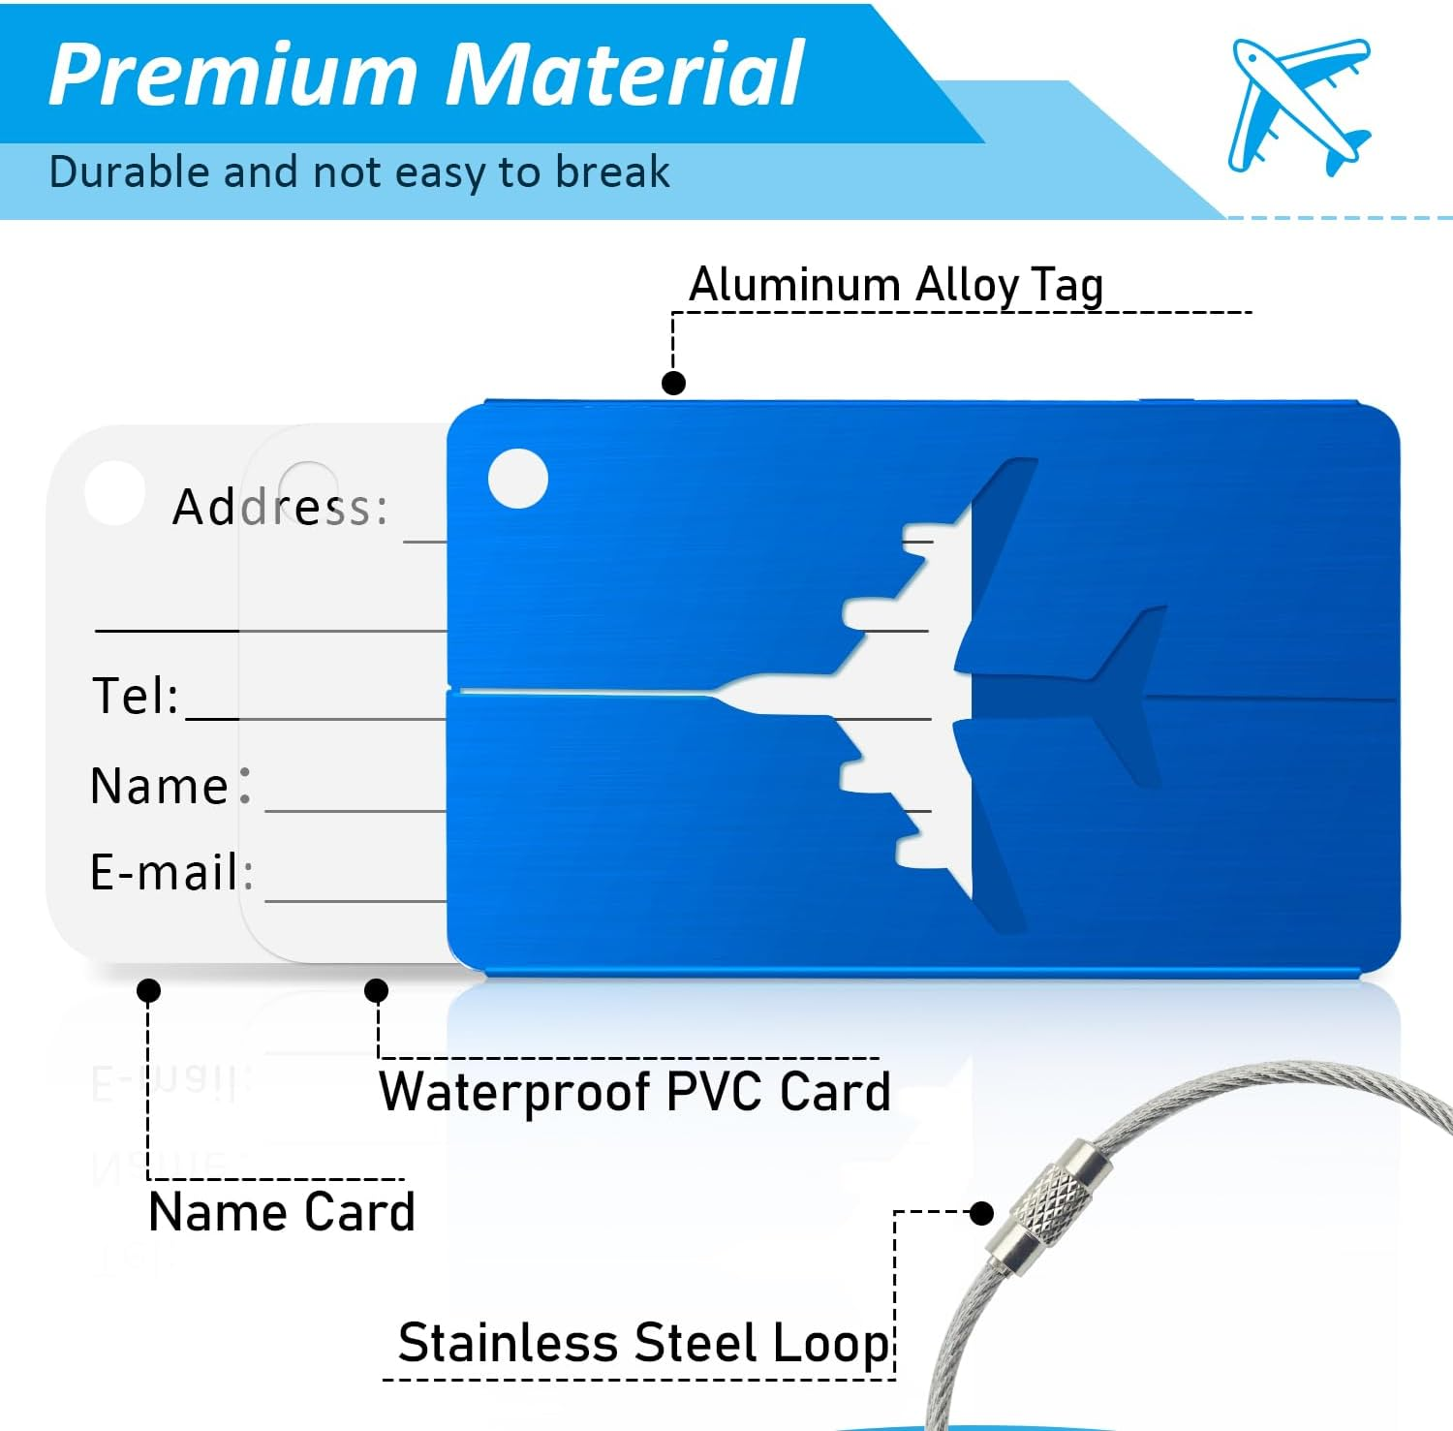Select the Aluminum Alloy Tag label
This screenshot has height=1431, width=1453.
[x=896, y=286]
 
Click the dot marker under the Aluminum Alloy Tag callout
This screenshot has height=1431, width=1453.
[x=673, y=383]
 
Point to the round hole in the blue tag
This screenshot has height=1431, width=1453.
[x=518, y=479]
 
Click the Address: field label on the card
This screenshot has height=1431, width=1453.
[x=280, y=507]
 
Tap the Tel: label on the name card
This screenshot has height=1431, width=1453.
[x=136, y=696]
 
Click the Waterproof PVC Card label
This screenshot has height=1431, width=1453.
[x=634, y=1092]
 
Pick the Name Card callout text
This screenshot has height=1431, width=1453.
[x=282, y=1212]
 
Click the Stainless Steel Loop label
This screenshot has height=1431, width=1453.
[x=643, y=1344]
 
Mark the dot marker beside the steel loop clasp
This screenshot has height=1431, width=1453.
[x=982, y=1213]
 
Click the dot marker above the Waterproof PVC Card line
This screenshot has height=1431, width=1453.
[x=377, y=990]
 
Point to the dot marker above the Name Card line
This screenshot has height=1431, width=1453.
[x=148, y=990]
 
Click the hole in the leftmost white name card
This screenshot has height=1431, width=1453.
[x=114, y=492]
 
